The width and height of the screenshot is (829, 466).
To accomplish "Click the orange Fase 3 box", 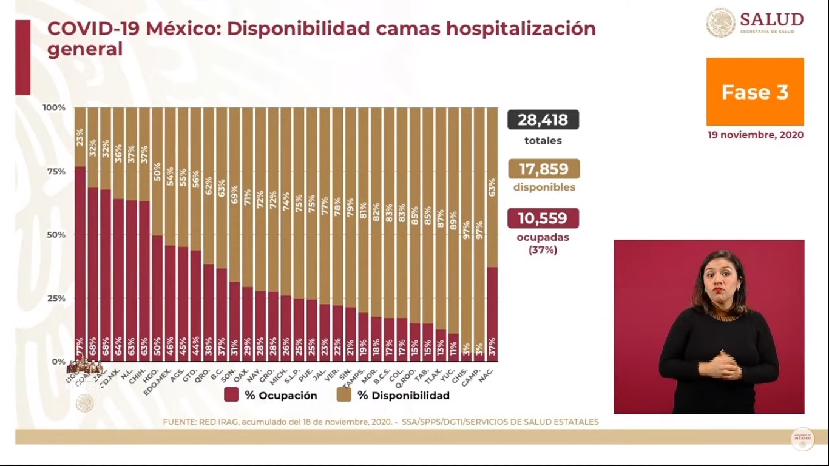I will (x=755, y=92).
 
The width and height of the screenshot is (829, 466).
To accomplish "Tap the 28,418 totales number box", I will (x=543, y=120).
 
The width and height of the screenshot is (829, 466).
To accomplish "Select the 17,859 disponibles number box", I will (x=543, y=169).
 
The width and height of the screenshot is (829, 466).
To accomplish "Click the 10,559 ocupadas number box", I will (x=543, y=218).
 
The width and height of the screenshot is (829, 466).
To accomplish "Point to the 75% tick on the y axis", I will (x=54, y=171).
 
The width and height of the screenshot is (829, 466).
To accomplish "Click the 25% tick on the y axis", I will (x=54, y=298).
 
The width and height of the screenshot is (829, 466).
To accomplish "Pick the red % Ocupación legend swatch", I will (x=231, y=396).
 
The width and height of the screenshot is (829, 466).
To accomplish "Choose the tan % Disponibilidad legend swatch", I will (x=343, y=396).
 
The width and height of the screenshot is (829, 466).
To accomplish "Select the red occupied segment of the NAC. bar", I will (x=492, y=303).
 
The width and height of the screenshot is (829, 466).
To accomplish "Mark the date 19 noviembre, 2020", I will (x=755, y=135).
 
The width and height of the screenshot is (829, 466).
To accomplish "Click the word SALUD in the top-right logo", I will (x=771, y=19).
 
